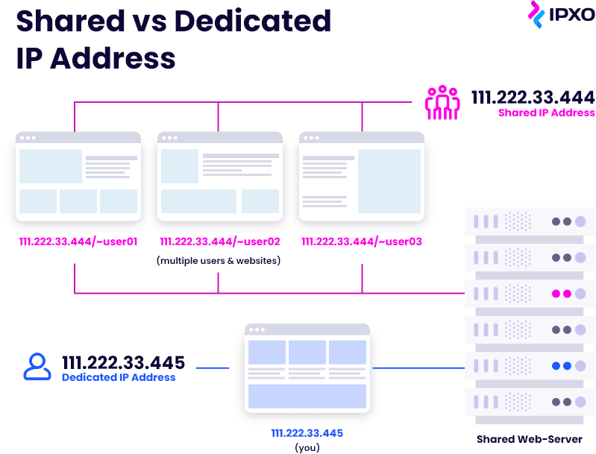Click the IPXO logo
pyautogui.click(x=561, y=14)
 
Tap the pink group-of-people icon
pyautogui.click(x=442, y=103)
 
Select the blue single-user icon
pyautogui.click(x=37, y=367)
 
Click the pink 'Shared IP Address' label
pyautogui.click(x=546, y=113)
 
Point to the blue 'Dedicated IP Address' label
pyautogui.click(x=119, y=377)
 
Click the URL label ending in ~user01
pyautogui.click(x=78, y=242)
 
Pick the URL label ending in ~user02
pyautogui.click(x=220, y=242)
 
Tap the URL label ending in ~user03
pyautogui.click(x=362, y=242)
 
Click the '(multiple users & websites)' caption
pyautogui.click(x=219, y=261)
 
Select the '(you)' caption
pyautogui.click(x=307, y=447)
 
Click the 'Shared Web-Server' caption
pyautogui.click(x=530, y=439)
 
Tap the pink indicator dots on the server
pyautogui.click(x=562, y=294)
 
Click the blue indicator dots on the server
pyautogui.click(x=562, y=366)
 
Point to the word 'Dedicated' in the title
pyautogui.click(x=253, y=21)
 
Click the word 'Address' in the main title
pyautogui.click(x=113, y=58)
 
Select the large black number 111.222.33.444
pyautogui.click(x=533, y=97)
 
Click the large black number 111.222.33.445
pyautogui.click(x=124, y=362)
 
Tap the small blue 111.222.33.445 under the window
pyautogui.click(x=307, y=433)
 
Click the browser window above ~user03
pyautogui.click(x=362, y=176)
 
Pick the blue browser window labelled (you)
pyautogui.click(x=307, y=368)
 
